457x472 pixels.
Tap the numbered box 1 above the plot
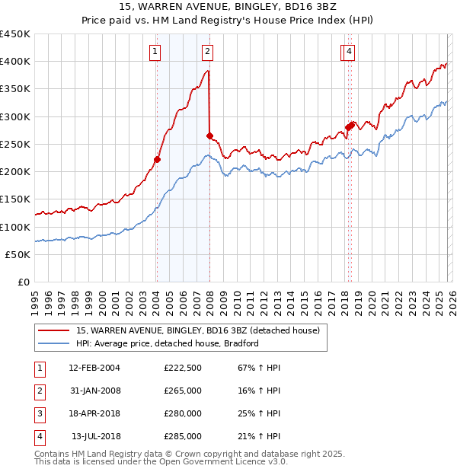(155, 52)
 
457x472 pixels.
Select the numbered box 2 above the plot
(207, 52)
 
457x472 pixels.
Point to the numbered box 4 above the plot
(349, 52)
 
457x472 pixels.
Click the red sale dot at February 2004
(157, 159)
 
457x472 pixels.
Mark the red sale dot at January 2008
(209, 136)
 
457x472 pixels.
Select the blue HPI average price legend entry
(168, 343)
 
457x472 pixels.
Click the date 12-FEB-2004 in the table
(94, 368)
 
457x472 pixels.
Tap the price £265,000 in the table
(183, 391)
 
